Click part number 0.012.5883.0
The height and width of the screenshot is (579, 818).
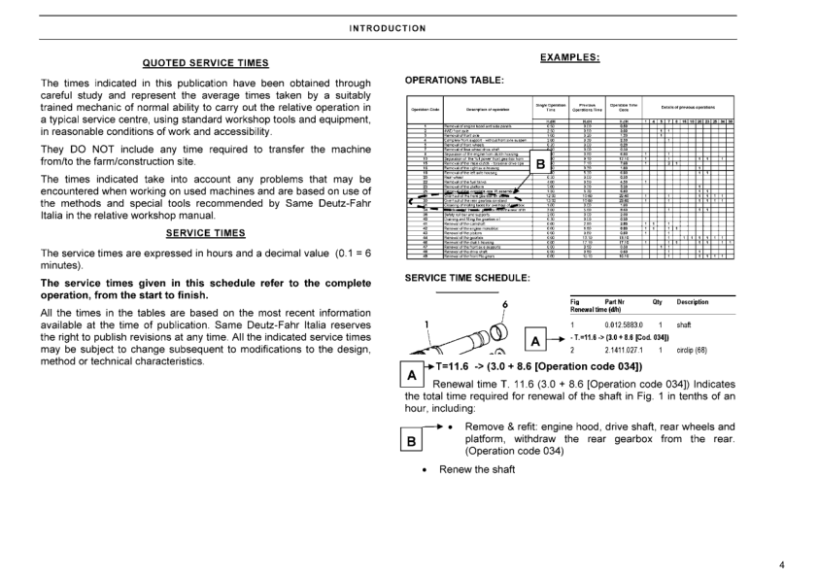point(626,324)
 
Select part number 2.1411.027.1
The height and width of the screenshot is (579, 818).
point(626,350)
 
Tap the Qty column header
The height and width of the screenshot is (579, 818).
point(658,301)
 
